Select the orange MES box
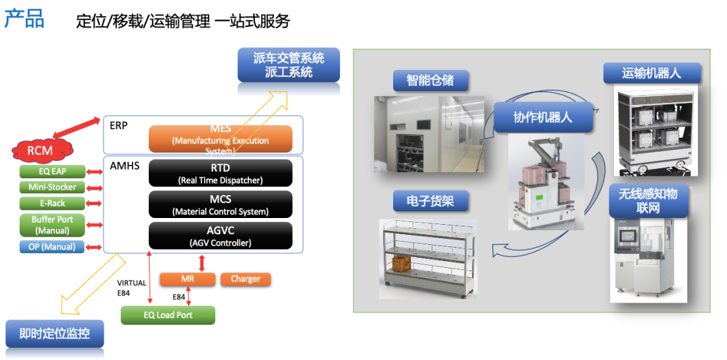tap(220, 139)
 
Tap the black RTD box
tap(220, 173)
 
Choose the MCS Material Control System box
tap(220, 205)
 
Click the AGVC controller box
tap(220, 236)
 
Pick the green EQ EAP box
tap(53, 172)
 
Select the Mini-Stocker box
tap(53, 187)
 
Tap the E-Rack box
tap(53, 203)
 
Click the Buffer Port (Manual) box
tap(53, 225)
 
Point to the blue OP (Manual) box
tap(53, 246)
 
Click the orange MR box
tap(187, 279)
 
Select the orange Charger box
tap(245, 279)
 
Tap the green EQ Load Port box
tap(168, 315)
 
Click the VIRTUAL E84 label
tap(131, 287)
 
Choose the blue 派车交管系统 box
tap(288, 65)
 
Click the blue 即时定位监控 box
tap(55, 333)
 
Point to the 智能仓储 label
tap(430, 81)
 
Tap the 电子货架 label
tap(430, 201)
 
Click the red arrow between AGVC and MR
tap(201, 262)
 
